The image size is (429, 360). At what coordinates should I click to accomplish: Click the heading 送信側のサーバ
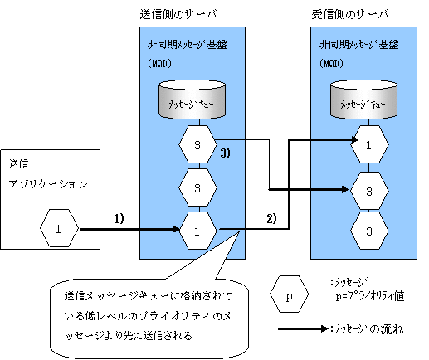point(178,14)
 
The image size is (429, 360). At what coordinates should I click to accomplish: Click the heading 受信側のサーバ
point(350,14)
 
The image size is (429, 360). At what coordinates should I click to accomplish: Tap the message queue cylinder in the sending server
point(193,100)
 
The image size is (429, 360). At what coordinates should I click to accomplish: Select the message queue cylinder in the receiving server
point(363,100)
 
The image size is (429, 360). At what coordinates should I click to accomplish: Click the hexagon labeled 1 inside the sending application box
point(59,228)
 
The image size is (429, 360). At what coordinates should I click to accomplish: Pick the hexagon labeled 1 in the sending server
point(197,231)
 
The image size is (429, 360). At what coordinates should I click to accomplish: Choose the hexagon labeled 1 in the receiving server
point(369,144)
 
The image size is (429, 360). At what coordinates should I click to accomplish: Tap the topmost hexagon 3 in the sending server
point(197,144)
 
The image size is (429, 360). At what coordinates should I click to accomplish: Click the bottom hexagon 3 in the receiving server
point(369,231)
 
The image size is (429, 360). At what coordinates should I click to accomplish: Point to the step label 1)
point(119,219)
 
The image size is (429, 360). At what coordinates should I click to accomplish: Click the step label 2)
point(271,219)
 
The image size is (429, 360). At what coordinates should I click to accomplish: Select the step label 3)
point(225,153)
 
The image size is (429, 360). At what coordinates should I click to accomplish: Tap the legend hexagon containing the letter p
point(289,294)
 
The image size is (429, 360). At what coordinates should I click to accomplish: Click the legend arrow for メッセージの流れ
point(303,328)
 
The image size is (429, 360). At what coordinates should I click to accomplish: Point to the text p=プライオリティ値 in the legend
point(370,296)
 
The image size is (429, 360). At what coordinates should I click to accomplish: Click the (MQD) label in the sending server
point(159,64)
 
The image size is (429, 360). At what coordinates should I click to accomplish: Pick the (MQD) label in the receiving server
point(331,64)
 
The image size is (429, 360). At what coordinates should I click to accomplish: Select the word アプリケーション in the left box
point(48,184)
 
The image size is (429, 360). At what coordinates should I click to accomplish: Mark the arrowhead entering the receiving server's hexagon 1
point(355,139)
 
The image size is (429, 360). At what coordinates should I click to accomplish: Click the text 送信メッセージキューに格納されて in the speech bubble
point(148,296)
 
